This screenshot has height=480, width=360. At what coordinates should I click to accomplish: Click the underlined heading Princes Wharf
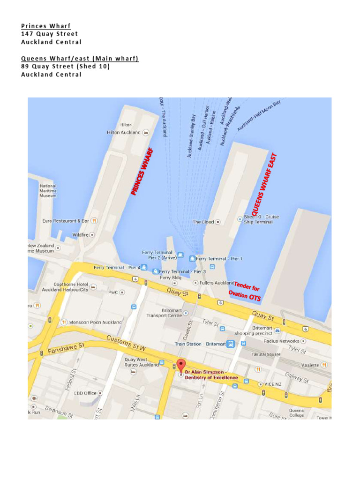[46, 25]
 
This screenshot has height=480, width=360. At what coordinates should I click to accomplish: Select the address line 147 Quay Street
[50, 34]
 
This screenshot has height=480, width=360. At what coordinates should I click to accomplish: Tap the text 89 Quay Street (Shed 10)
[66, 66]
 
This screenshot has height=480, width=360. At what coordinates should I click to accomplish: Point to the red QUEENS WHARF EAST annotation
[265, 185]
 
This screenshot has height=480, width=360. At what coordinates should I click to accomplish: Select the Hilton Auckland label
[124, 133]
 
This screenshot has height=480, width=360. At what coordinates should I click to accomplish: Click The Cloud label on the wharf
[203, 222]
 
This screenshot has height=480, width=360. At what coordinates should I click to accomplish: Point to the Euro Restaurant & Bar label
[66, 220]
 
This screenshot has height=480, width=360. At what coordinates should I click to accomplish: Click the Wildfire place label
[80, 234]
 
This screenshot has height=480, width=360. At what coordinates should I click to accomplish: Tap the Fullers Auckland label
[217, 283]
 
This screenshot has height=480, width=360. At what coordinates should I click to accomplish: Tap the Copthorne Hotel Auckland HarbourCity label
[65, 287]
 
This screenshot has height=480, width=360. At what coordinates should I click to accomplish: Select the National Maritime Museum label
[48, 191]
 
